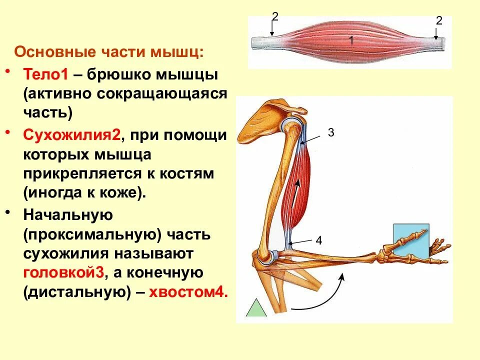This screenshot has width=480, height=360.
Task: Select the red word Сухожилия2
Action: coord(70,135)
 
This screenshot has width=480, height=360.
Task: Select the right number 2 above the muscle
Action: coord(439,20)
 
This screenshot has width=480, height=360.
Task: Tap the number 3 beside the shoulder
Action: coord(330,132)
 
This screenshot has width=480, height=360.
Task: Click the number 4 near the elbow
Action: coord(319,240)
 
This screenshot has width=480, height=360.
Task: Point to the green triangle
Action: coord(255,308)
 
